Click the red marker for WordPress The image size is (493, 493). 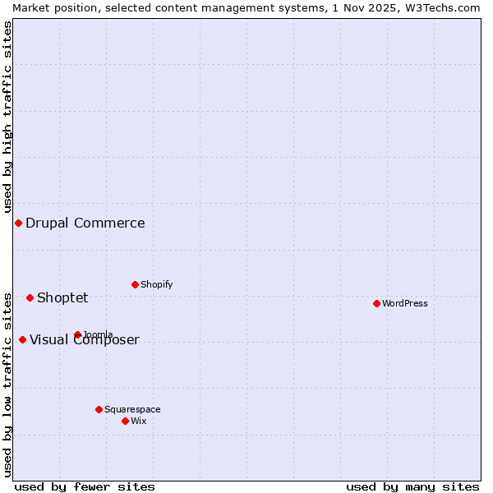click(376, 303)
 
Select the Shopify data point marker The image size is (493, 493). click(135, 284)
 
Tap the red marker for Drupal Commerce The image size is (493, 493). click(18, 223)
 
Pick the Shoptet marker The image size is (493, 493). click(30, 297)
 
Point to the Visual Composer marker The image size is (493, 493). click(22, 339)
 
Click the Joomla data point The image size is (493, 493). click(77, 334)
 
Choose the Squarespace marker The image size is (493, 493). click(99, 409)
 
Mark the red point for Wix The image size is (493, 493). click(125, 421)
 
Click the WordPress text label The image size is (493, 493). click(405, 303)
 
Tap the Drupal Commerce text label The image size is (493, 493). click(85, 223)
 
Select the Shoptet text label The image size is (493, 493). click(62, 297)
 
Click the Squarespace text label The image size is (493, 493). click(132, 409)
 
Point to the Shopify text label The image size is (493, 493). click(157, 284)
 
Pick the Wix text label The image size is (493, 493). click(139, 421)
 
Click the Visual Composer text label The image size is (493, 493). click(85, 340)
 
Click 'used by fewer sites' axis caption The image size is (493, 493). click(85, 486)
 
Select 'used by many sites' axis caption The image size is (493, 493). click(412, 486)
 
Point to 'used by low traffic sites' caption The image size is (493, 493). click(7, 384)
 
